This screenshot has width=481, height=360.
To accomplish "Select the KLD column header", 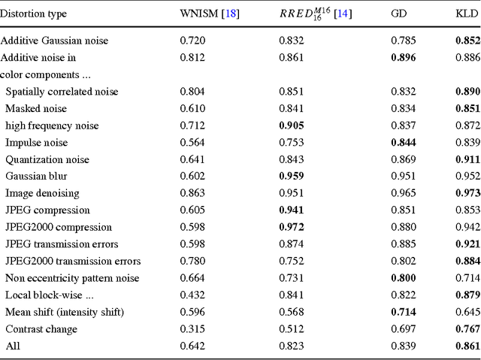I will [464, 14].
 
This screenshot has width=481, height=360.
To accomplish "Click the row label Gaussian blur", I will [35, 176].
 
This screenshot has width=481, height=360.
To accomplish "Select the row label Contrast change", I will [41, 328].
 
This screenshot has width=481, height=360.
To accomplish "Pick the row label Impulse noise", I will [36, 142].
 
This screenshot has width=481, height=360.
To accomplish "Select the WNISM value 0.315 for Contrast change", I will [192, 328].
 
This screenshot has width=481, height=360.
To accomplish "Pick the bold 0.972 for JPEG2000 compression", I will [292, 227].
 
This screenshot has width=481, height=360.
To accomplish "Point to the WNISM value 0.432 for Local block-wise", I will [192, 295].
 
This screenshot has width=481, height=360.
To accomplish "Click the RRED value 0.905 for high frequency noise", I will [292, 126].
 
